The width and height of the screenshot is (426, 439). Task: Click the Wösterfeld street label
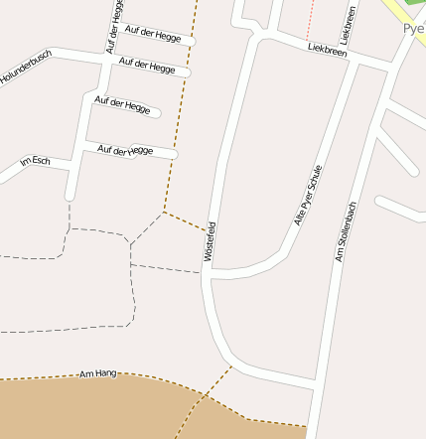coord(210,241)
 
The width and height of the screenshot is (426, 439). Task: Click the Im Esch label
coord(35,161)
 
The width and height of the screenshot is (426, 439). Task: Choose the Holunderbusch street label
coord(25,68)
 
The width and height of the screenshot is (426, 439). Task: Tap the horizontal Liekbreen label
coord(327,49)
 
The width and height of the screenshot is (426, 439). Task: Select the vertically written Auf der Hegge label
coord(114,27)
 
